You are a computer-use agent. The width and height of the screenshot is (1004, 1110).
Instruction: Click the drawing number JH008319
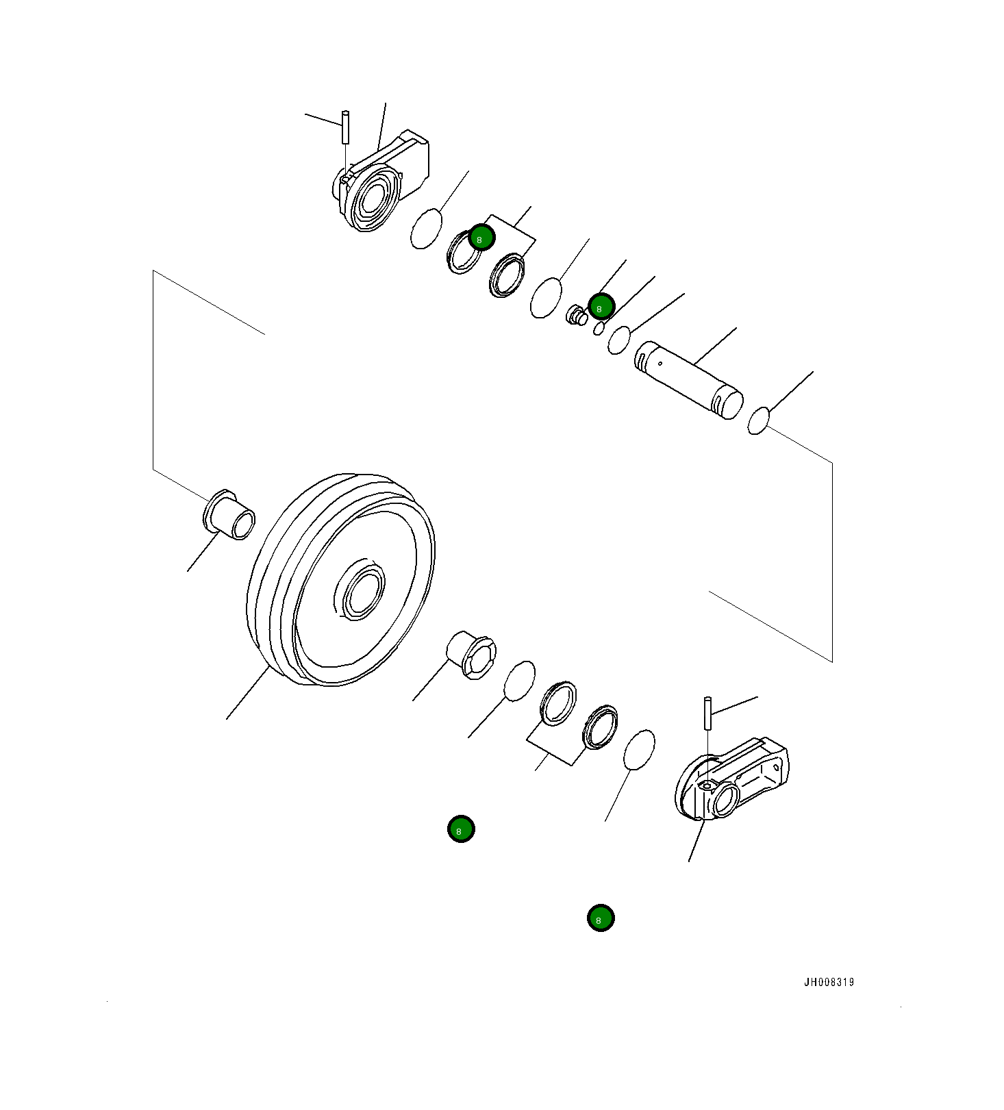(x=829, y=982)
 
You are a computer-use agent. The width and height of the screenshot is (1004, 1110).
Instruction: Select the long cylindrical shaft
(x=688, y=379)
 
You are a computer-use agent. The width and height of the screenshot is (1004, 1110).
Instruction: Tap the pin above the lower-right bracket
(x=707, y=713)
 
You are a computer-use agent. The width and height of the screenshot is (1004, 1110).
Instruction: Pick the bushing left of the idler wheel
(x=229, y=515)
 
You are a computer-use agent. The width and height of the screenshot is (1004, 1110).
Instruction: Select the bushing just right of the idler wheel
(x=471, y=655)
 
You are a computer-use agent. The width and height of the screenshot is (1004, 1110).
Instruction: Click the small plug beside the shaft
(x=577, y=316)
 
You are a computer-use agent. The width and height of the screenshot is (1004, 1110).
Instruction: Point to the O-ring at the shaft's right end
(x=758, y=420)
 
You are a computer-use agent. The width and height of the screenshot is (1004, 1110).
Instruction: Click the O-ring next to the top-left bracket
(x=426, y=229)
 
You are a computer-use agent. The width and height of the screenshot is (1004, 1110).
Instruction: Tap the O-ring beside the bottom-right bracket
(x=639, y=750)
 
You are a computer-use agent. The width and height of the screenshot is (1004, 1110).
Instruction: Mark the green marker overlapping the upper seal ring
(x=481, y=238)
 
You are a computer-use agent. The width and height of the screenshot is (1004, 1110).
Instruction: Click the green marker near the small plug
(x=601, y=307)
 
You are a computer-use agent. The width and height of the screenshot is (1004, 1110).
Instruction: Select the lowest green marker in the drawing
(x=600, y=918)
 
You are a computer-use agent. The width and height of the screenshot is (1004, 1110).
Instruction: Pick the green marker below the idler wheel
(x=461, y=829)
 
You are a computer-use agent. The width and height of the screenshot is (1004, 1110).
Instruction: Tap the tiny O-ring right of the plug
(x=599, y=329)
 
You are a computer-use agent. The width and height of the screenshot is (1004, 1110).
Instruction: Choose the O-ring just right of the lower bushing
(x=519, y=681)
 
